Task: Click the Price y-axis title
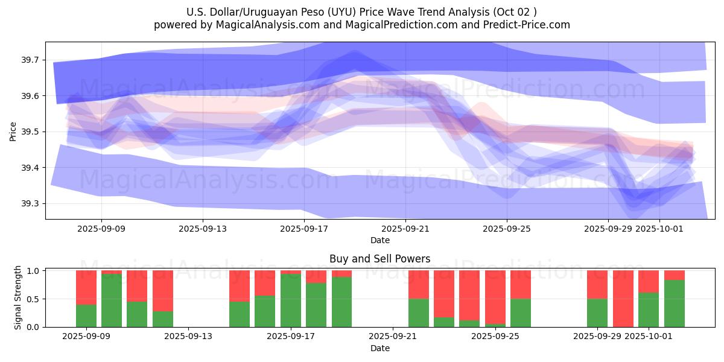[x=13, y=132]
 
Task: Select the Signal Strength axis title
[x=18, y=297]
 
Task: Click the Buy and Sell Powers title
[x=379, y=259]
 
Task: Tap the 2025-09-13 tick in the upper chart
[x=203, y=229]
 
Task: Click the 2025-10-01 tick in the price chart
[x=659, y=229]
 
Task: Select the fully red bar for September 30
[x=623, y=299]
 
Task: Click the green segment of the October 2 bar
[x=675, y=303]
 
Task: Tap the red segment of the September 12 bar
[x=163, y=290]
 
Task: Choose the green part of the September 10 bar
[x=112, y=300]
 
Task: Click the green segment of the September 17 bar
[x=291, y=300]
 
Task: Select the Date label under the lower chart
[x=379, y=348]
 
